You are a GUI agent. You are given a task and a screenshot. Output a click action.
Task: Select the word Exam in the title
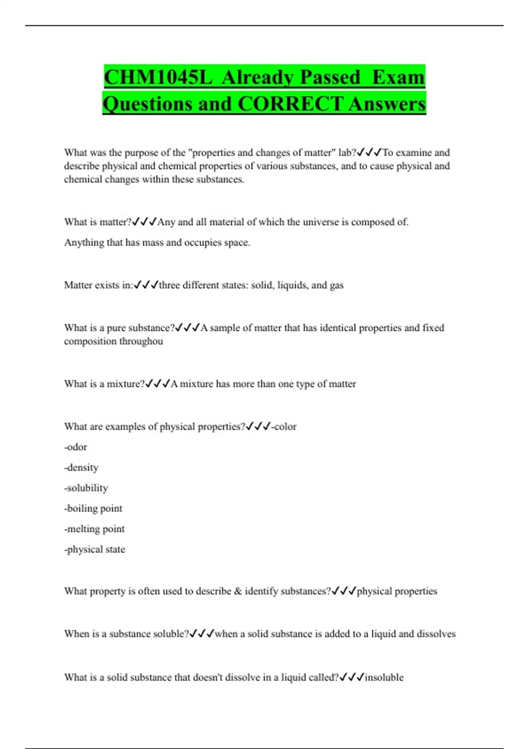point(398,77)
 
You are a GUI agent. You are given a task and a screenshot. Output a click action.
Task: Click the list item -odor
point(75,447)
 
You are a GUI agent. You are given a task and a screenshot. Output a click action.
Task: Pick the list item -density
point(81,467)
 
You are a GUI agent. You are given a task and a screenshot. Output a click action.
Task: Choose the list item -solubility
point(86,488)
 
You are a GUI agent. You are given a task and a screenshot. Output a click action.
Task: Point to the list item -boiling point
point(93,508)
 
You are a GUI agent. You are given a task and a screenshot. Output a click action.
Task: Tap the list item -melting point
point(94,529)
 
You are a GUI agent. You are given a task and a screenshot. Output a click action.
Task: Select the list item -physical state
point(95,549)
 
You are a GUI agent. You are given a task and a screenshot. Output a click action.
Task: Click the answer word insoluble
point(384,677)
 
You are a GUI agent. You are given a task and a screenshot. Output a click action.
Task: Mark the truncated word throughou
point(141,341)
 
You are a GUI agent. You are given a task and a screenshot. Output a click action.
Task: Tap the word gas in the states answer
point(336,286)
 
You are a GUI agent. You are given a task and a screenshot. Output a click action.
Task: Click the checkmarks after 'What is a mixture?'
point(157,384)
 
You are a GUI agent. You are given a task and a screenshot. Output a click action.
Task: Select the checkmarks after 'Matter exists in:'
point(146,286)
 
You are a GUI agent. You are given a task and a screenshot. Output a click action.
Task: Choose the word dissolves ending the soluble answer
point(436,634)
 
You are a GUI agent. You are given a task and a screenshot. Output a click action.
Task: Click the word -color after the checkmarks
point(284,426)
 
